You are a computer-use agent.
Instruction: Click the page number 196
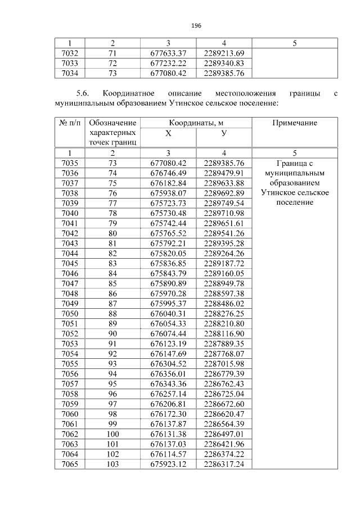196,26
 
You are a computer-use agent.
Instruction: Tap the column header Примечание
295,123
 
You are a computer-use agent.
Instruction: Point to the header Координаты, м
196,123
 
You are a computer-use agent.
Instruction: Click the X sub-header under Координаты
168,133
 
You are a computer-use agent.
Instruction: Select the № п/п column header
70,123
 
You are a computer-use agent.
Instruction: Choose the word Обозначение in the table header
113,123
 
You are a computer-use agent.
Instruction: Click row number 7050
70,313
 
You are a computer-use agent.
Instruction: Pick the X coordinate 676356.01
168,373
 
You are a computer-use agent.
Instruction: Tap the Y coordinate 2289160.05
224,273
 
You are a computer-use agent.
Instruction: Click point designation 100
112,434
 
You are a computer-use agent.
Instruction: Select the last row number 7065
70,464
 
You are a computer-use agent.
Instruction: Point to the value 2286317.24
224,464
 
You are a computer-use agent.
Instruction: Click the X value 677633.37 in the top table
168,53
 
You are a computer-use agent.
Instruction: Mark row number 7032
70,53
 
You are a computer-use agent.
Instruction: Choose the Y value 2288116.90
224,334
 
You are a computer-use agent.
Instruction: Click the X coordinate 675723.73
168,203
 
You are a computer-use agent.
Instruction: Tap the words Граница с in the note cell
295,163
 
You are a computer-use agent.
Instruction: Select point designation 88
112,313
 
